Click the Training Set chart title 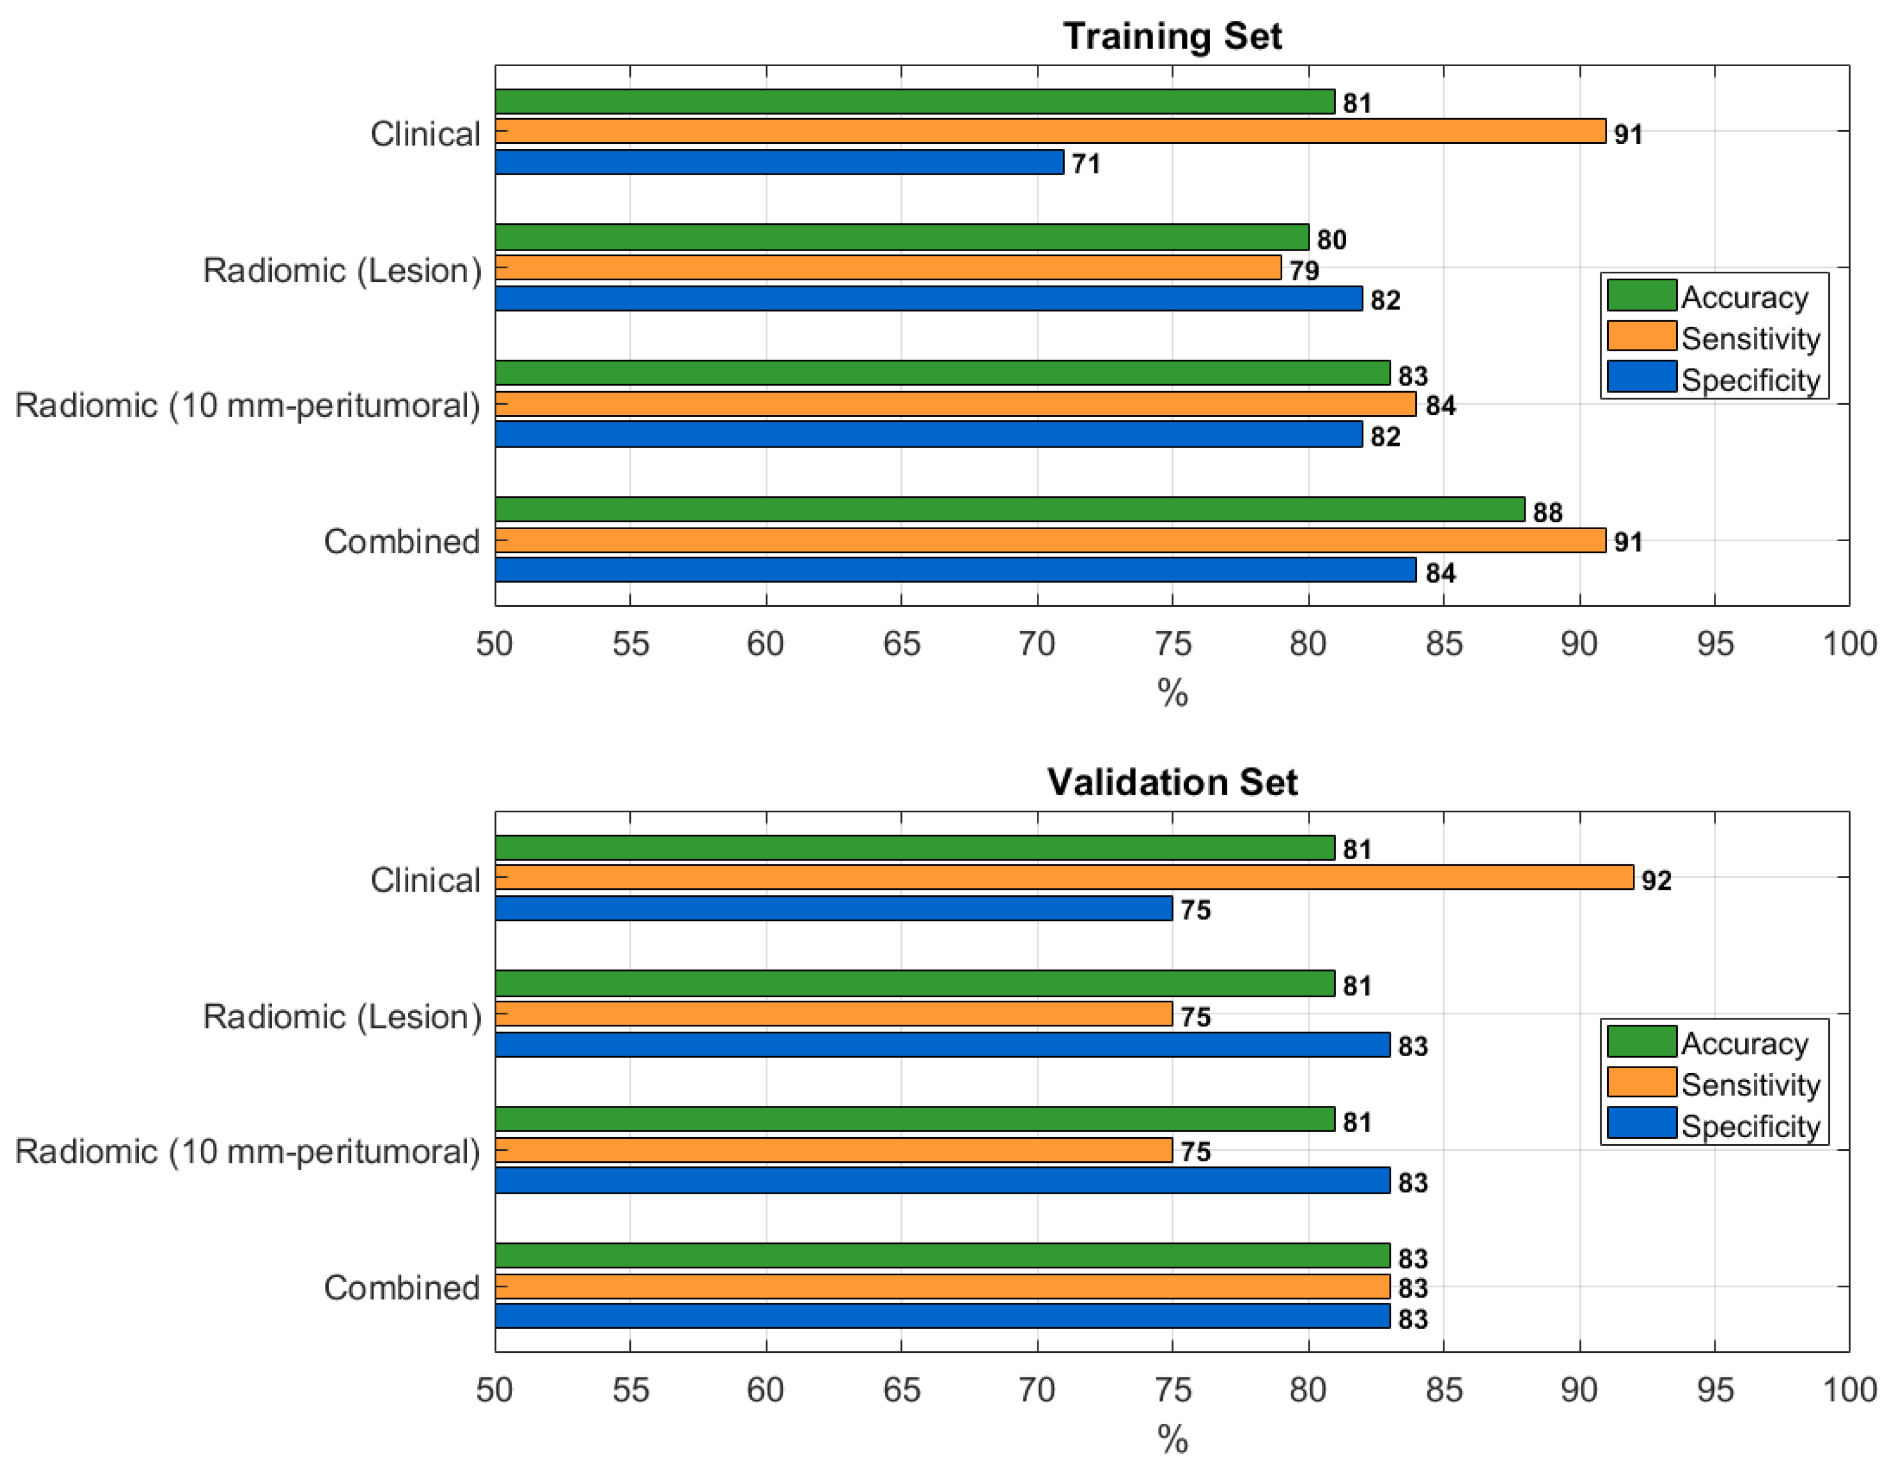click(x=1172, y=37)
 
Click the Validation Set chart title click(x=1172, y=782)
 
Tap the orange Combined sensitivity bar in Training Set click(x=1050, y=540)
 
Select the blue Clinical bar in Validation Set click(x=834, y=908)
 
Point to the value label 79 click(x=1304, y=271)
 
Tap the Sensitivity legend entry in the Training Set click(x=1749, y=339)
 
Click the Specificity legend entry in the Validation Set click(x=1749, y=1126)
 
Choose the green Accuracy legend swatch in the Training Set click(x=1641, y=295)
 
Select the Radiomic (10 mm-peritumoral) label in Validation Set click(x=247, y=1151)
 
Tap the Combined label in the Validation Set click(x=401, y=1287)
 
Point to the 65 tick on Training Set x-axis click(x=901, y=643)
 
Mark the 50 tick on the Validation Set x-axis click(x=495, y=1390)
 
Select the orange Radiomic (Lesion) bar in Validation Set click(x=834, y=1013)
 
